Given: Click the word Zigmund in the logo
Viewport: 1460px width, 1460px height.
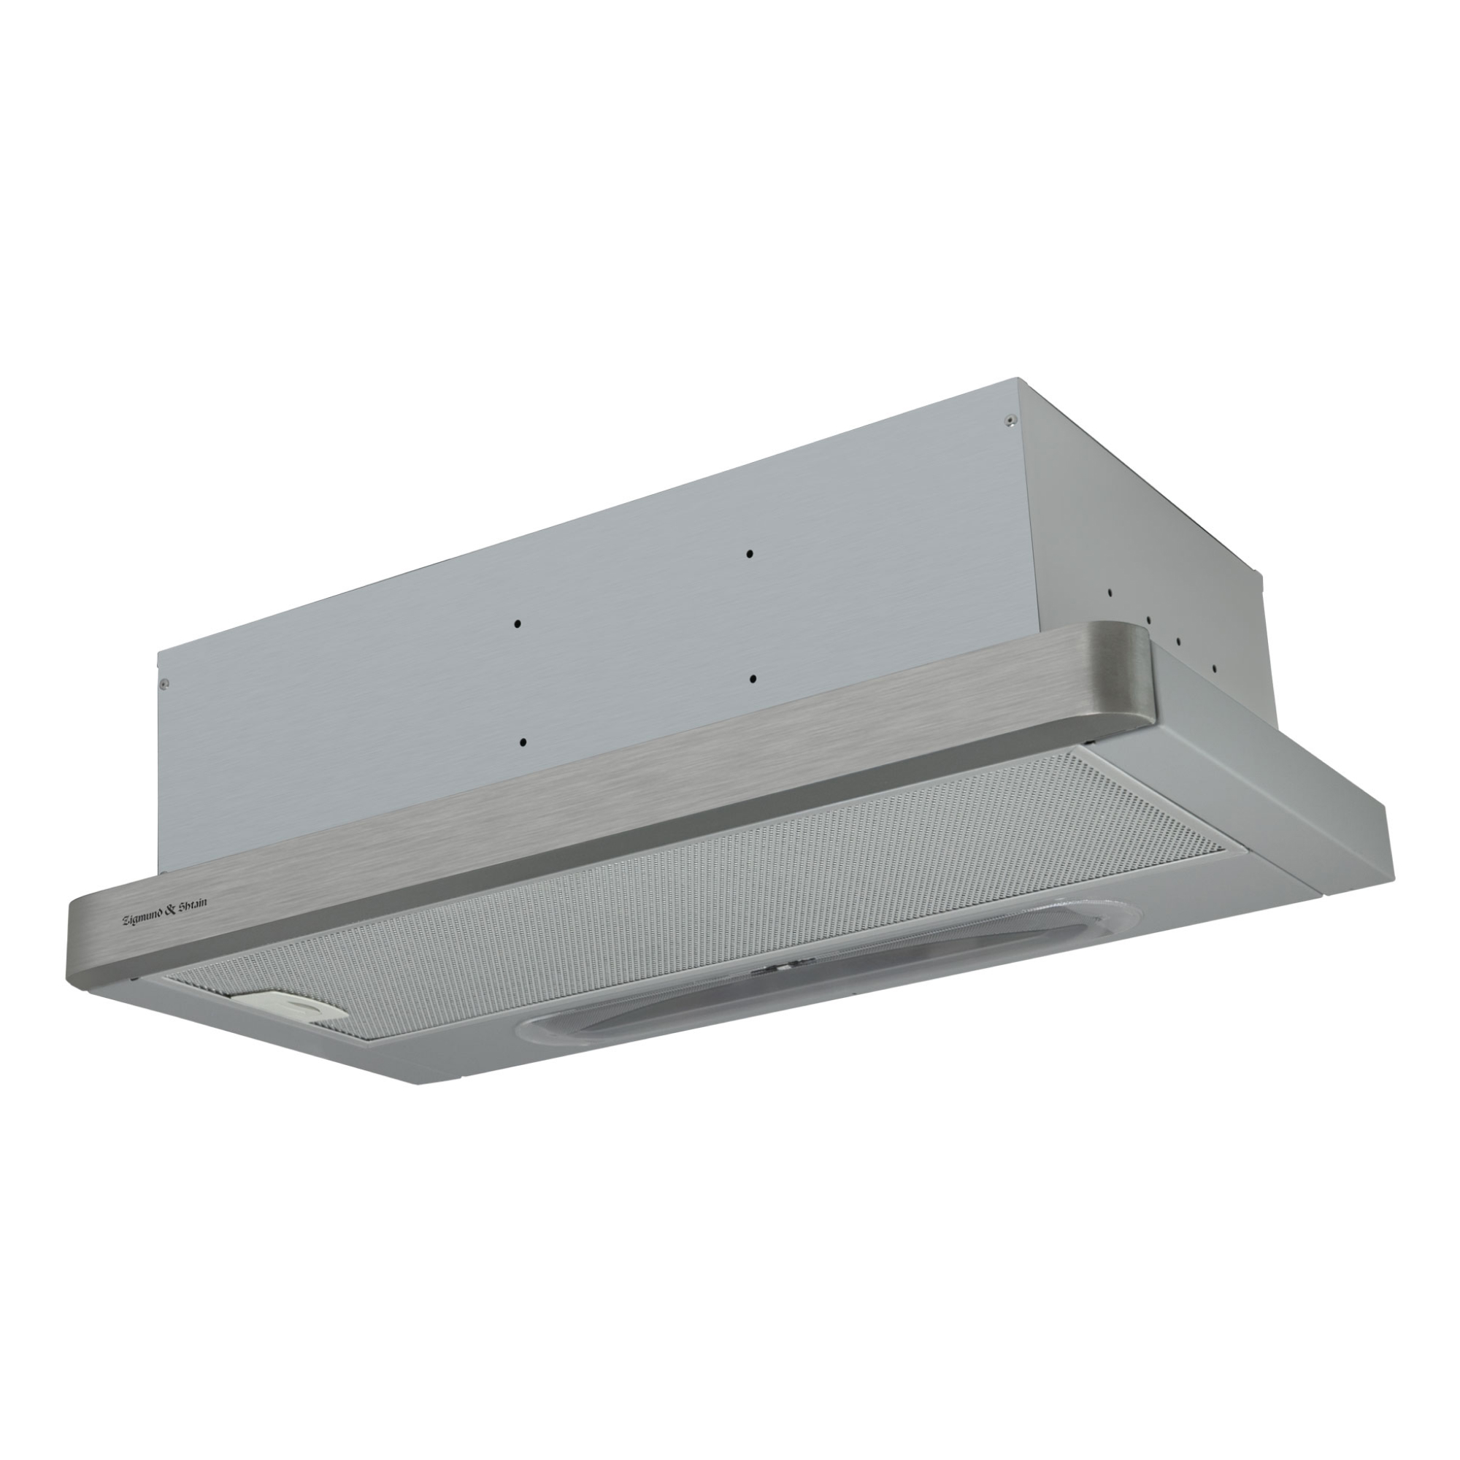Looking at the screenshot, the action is (x=147, y=918).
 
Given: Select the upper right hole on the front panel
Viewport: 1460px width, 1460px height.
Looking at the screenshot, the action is (x=750, y=554).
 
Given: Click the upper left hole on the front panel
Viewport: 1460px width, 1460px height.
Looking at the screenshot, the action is (x=518, y=623).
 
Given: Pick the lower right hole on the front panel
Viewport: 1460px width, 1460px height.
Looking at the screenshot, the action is (x=753, y=680).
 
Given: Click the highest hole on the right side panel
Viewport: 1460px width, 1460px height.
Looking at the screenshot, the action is (x=1110, y=593).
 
